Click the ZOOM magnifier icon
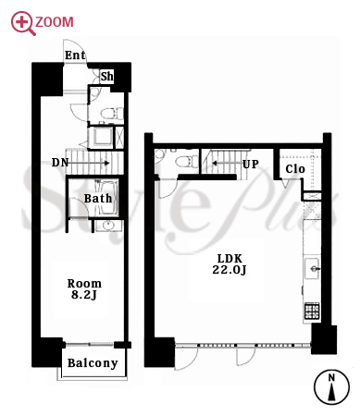(22, 22)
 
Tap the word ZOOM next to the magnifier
(55, 22)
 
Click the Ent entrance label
(75, 55)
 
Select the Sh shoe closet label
(107, 76)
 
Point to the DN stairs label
(60, 163)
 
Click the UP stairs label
(251, 165)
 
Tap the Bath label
(98, 199)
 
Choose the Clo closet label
(295, 169)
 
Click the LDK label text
(230, 258)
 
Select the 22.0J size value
(230, 270)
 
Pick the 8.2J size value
(84, 295)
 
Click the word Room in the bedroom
(84, 284)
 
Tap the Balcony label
(93, 363)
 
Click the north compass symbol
(331, 386)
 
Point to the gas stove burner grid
(312, 311)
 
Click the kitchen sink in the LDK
(312, 269)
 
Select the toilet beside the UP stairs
(186, 161)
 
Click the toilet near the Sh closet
(112, 113)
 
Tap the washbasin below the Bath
(107, 226)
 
